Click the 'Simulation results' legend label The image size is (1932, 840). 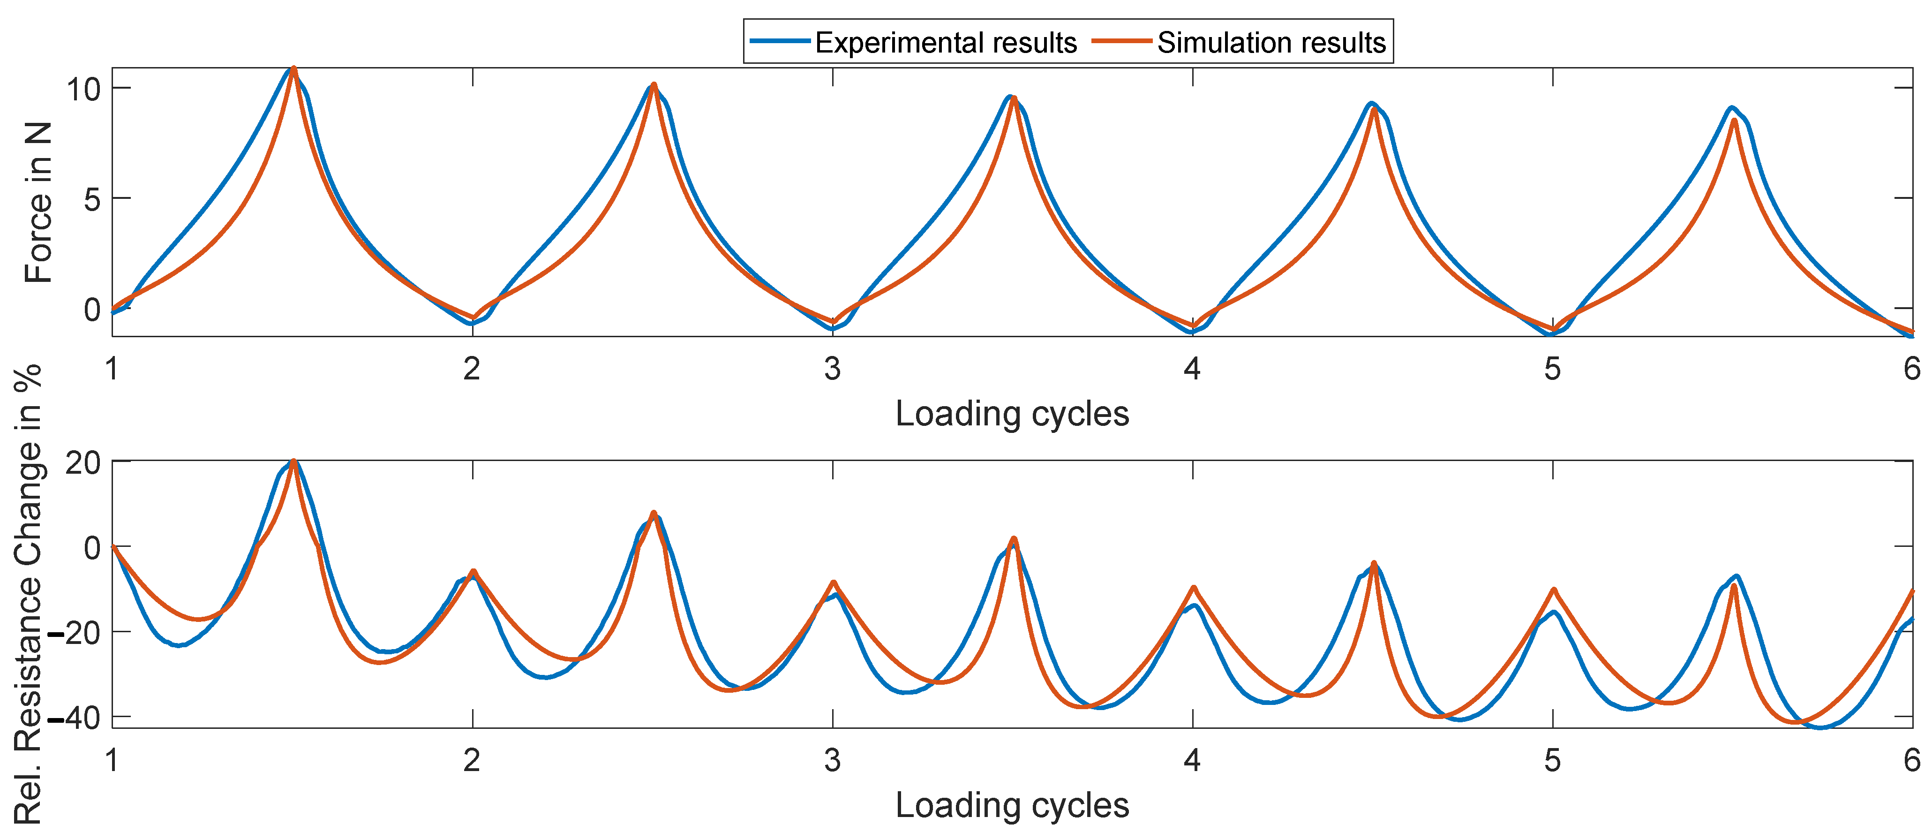click(1271, 43)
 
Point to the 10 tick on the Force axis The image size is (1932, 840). click(83, 89)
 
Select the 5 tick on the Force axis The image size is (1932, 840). click(91, 199)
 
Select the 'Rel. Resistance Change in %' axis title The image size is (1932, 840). click(29, 592)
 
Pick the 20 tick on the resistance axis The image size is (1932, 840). click(83, 463)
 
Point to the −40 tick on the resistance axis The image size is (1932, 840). click(75, 719)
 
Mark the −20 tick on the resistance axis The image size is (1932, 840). click(75, 633)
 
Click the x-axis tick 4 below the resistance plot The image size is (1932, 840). click(1193, 760)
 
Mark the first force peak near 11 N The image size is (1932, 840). click(293, 69)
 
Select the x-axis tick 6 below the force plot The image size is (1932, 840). click(1912, 369)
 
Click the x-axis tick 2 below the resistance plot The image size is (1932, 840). click(472, 760)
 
